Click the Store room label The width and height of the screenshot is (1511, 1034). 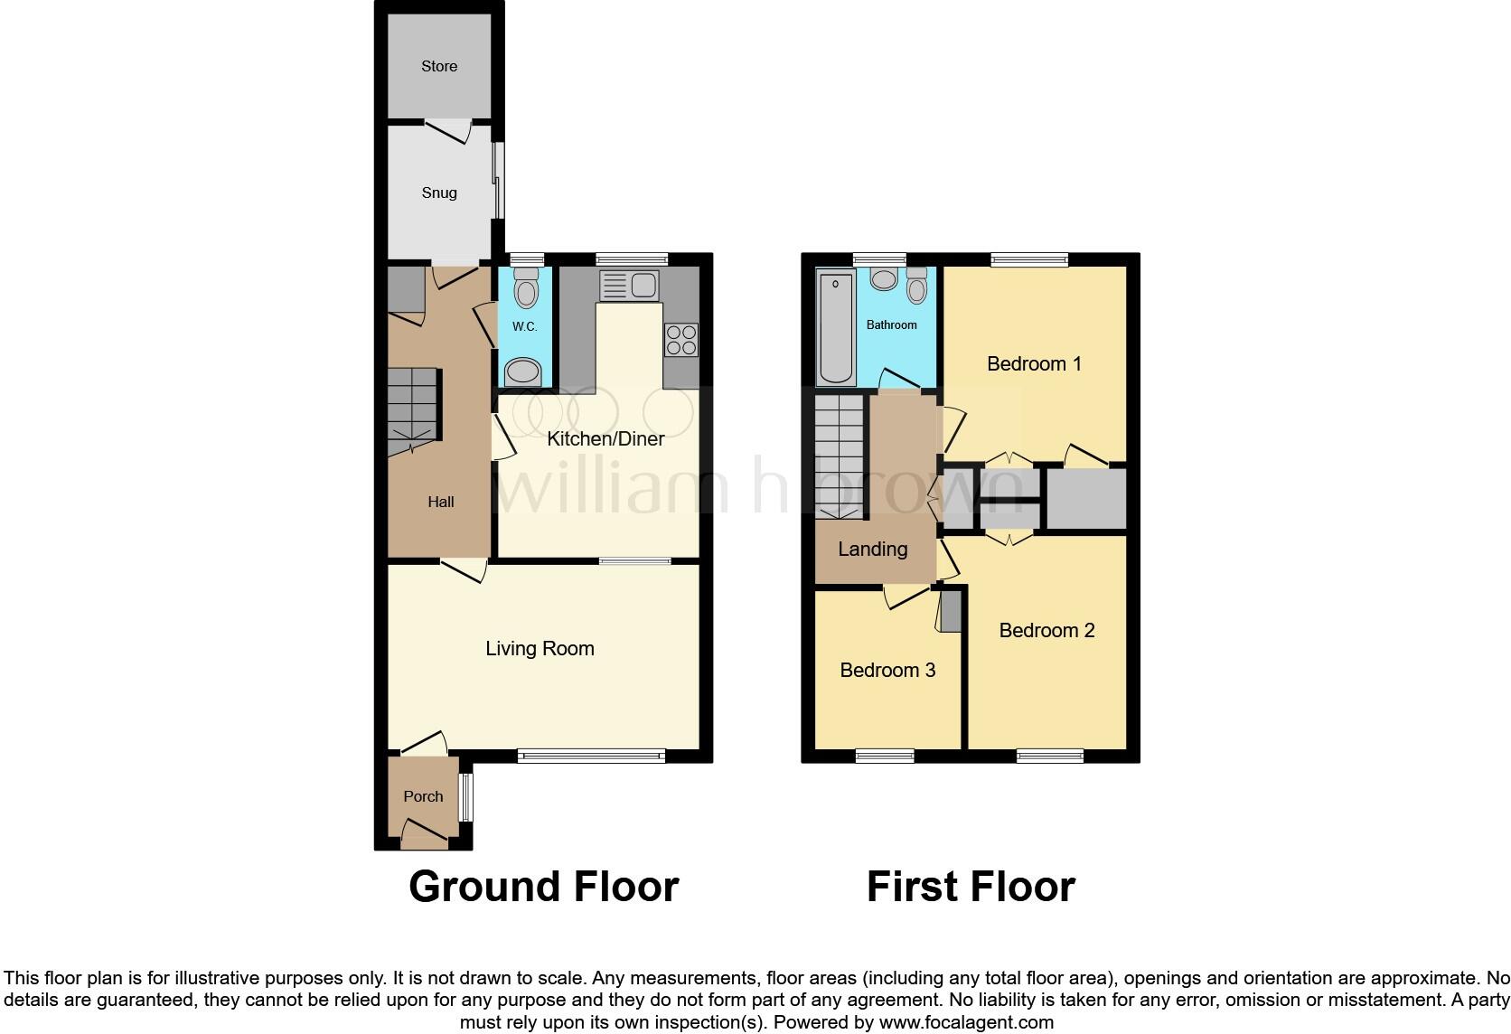pyautogui.click(x=439, y=66)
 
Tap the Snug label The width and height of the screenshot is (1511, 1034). pyautogui.click(x=439, y=193)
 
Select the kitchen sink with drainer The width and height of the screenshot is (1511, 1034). pyautogui.click(x=629, y=287)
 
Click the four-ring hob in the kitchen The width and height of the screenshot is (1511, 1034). pyautogui.click(x=681, y=340)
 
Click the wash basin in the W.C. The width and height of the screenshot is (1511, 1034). pyautogui.click(x=522, y=371)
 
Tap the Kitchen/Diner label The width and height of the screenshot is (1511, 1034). pyautogui.click(x=605, y=439)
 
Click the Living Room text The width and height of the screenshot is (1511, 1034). pyautogui.click(x=540, y=649)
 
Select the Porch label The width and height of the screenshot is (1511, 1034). pyautogui.click(x=423, y=796)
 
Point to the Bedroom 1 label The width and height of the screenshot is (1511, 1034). pyautogui.click(x=1034, y=364)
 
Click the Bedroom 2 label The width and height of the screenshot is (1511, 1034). pyautogui.click(x=1046, y=631)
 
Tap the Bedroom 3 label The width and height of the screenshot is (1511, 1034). pyautogui.click(x=887, y=671)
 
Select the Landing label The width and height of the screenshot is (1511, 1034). pyautogui.click(x=872, y=550)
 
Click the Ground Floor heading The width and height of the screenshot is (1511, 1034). pyautogui.click(x=543, y=887)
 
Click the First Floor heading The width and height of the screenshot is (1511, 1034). pyautogui.click(x=971, y=887)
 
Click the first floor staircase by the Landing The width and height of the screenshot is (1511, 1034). pyautogui.click(x=840, y=456)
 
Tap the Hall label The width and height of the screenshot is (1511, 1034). pyautogui.click(x=441, y=503)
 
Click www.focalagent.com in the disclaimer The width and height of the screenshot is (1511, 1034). pyautogui.click(x=965, y=1023)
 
